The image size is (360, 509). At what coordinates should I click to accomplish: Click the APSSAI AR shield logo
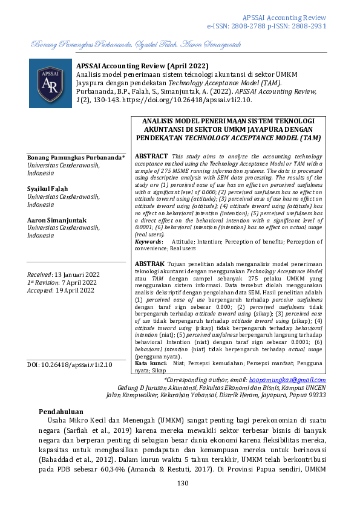point(50,83)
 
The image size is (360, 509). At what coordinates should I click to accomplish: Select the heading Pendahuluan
point(65,410)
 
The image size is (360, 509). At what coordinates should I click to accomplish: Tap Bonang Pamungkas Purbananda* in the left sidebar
point(76,157)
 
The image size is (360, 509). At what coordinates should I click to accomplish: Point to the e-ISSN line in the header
point(266,27)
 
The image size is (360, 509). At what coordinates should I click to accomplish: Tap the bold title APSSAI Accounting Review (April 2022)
point(142,65)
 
